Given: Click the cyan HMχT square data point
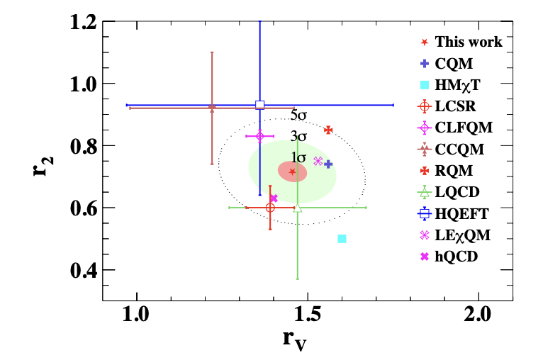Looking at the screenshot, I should (342, 239).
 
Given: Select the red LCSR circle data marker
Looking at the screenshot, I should (269, 207).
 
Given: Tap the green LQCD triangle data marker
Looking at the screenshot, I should (297, 208).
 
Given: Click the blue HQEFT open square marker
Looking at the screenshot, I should (259, 105).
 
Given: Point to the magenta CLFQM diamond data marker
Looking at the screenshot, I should (259, 136).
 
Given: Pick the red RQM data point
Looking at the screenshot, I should (328, 130).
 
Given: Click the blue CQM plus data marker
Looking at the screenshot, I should (328, 164).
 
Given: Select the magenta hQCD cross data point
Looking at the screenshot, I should (274, 198).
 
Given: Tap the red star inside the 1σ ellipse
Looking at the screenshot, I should (293, 171).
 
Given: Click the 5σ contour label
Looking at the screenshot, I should (298, 115).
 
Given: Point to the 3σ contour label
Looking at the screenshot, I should (298, 136).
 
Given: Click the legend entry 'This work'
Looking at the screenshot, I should (469, 42).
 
